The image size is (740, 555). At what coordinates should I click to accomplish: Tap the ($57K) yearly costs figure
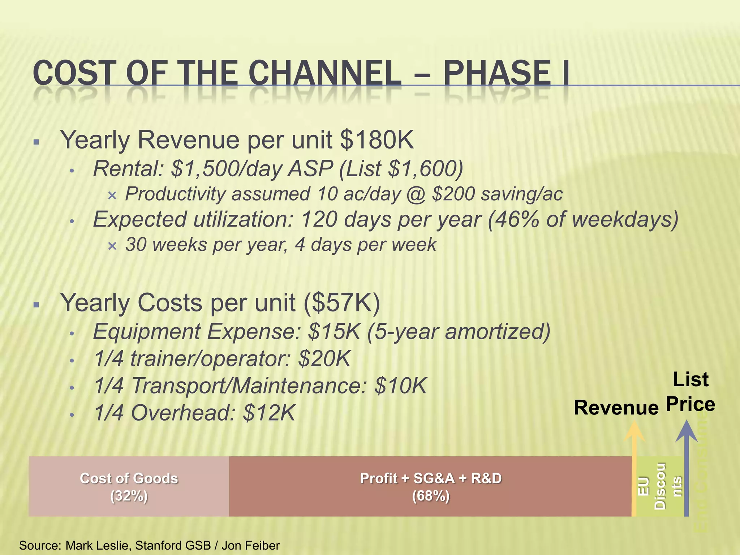(x=341, y=302)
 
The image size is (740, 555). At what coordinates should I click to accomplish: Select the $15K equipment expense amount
(x=334, y=331)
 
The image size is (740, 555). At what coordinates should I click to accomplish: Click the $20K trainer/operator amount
(x=324, y=359)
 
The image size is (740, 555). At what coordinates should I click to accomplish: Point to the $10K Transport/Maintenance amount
(x=400, y=386)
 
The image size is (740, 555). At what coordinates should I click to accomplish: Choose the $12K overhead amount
(x=269, y=413)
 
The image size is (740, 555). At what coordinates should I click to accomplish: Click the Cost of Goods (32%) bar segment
(x=129, y=486)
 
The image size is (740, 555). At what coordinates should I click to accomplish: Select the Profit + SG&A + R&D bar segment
(x=430, y=486)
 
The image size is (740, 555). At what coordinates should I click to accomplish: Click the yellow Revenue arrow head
(x=634, y=432)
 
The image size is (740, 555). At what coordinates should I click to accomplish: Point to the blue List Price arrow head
(x=687, y=432)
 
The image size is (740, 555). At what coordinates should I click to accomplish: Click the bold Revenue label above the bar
(x=616, y=408)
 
